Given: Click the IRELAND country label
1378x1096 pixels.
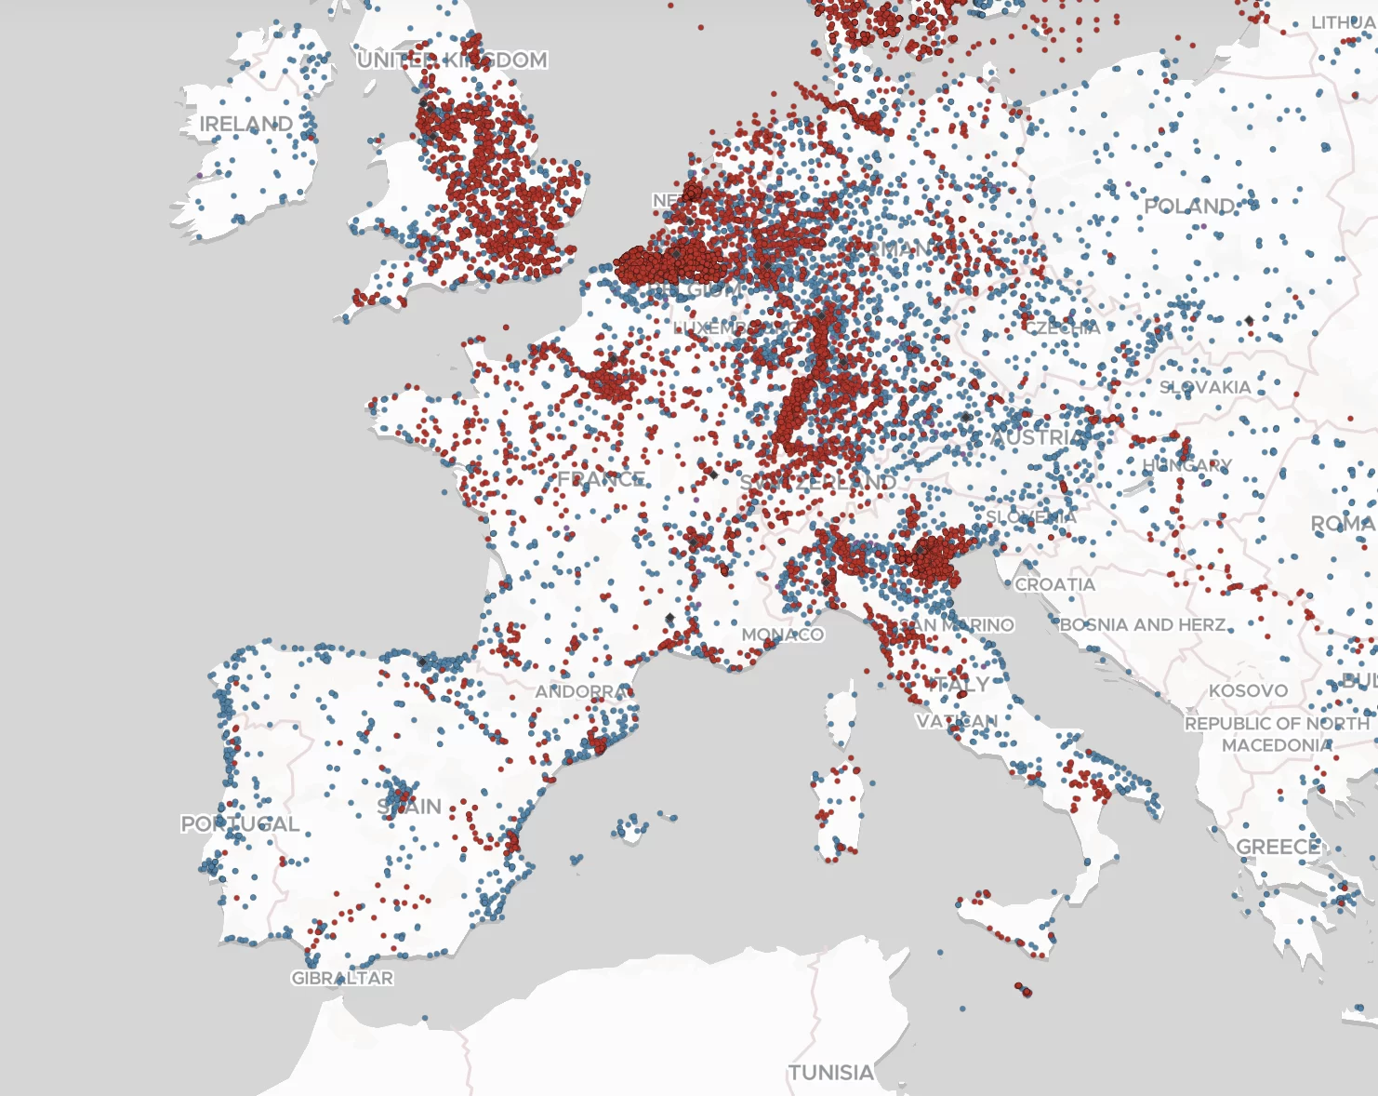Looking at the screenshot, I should (x=245, y=124).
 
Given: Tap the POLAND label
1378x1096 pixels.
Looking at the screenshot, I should (x=1190, y=206).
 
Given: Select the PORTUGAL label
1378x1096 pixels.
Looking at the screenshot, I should (x=240, y=823).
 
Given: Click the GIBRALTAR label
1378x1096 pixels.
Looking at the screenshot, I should (x=342, y=978).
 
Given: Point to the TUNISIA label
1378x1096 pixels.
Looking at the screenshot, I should (x=830, y=1073).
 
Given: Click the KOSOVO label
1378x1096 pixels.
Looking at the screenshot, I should (x=1248, y=690).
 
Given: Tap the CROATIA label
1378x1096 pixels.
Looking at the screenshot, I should (x=1054, y=584).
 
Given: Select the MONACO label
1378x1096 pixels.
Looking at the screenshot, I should (x=782, y=635).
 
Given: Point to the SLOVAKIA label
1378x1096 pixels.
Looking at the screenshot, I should (x=1205, y=387).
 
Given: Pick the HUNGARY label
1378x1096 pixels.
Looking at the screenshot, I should (x=1186, y=465).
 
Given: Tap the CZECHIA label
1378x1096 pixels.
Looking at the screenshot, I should (x=1062, y=327).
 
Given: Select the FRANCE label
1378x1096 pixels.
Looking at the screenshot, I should (x=601, y=479).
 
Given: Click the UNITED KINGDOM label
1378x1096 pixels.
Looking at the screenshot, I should (x=452, y=60).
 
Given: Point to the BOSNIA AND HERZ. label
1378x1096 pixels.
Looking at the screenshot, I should (x=1143, y=624).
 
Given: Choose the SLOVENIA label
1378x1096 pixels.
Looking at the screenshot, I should (x=1031, y=516).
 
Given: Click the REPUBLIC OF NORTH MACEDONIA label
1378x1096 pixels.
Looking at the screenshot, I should (x=1277, y=734).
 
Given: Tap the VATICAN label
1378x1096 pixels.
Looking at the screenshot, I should (x=956, y=721).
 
